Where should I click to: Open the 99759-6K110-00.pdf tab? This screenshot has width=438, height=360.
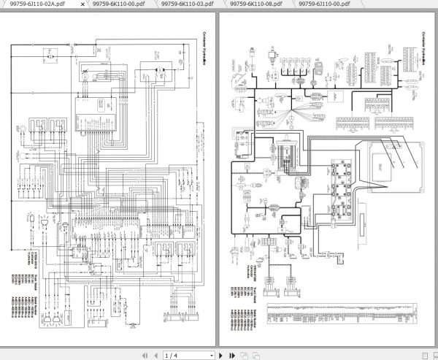click(118, 4)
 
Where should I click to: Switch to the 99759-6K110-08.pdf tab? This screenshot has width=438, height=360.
click(255, 4)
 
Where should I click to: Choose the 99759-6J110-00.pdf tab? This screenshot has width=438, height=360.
click(325, 4)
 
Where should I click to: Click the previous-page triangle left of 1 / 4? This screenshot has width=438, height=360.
click(150, 354)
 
